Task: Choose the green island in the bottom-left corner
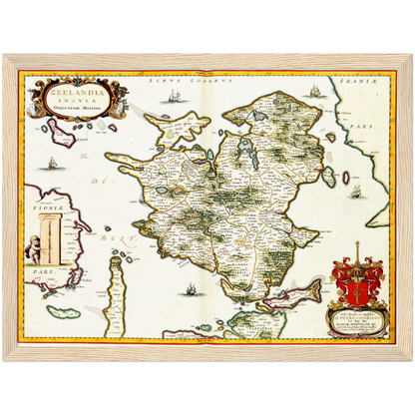pyautogui.click(x=68, y=312)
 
